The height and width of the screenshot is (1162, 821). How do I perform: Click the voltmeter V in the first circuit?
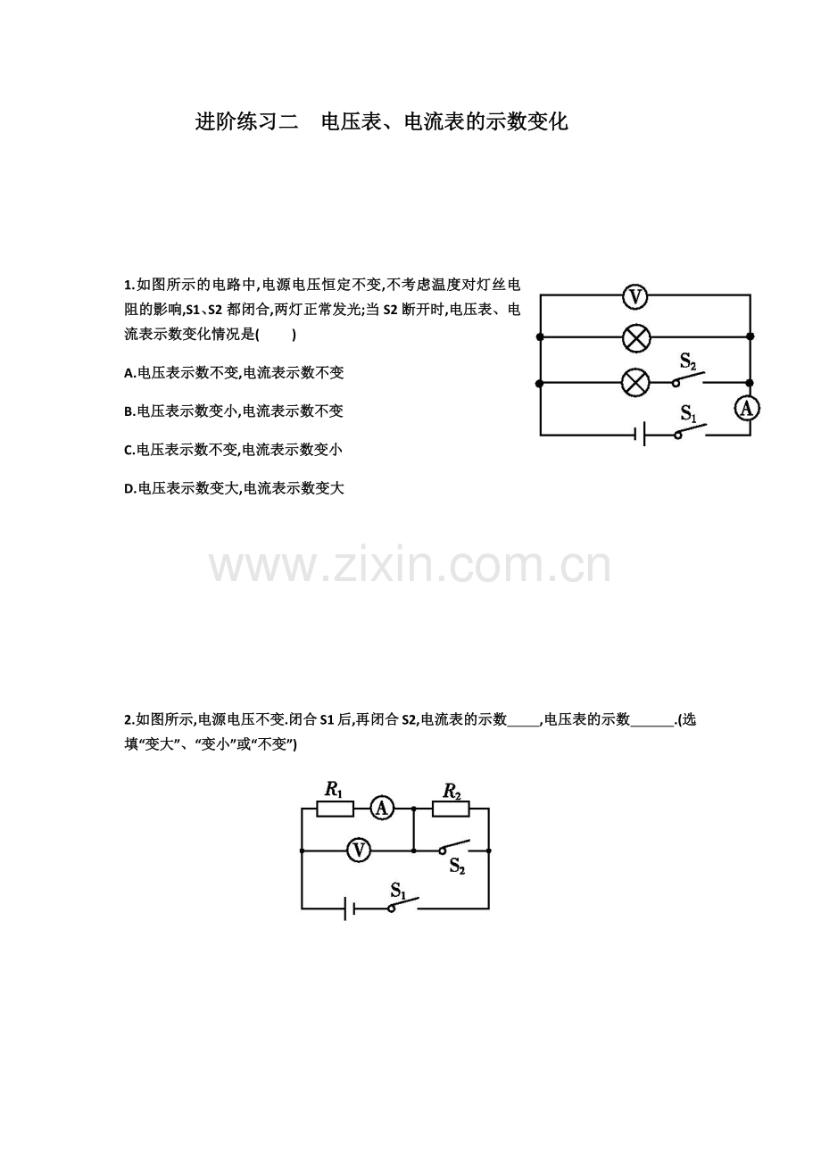pyautogui.click(x=635, y=297)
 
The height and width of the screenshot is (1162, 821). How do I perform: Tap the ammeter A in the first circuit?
pyautogui.click(x=747, y=409)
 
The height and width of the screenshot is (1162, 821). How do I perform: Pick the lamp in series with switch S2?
pyautogui.click(x=635, y=383)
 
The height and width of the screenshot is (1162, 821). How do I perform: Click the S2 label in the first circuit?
pyautogui.click(x=688, y=361)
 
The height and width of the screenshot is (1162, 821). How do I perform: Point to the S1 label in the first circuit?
pyautogui.click(x=688, y=413)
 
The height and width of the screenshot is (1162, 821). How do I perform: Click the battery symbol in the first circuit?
pyautogui.click(x=640, y=434)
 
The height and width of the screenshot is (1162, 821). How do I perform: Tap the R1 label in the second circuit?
pyautogui.click(x=334, y=790)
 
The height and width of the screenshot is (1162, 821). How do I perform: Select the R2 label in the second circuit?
pyautogui.click(x=452, y=792)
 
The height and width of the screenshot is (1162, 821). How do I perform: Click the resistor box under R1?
pyautogui.click(x=335, y=809)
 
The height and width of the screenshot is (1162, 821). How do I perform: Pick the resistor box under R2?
pyautogui.click(x=451, y=809)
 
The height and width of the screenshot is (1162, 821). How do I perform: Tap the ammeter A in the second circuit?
pyautogui.click(x=382, y=809)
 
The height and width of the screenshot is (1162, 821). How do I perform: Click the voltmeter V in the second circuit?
pyautogui.click(x=359, y=851)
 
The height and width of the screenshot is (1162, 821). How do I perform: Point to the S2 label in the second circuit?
pyautogui.click(x=457, y=866)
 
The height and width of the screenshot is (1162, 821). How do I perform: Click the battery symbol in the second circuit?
pyautogui.click(x=349, y=909)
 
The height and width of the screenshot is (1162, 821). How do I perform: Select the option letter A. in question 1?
pyautogui.click(x=130, y=373)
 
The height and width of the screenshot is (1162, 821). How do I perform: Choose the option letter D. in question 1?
pyautogui.click(x=130, y=489)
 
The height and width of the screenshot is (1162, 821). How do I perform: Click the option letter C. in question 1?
pyautogui.click(x=129, y=451)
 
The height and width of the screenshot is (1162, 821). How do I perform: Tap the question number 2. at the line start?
pyautogui.click(x=129, y=720)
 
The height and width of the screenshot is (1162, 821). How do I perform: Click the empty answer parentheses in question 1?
pyautogui.click(x=276, y=335)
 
